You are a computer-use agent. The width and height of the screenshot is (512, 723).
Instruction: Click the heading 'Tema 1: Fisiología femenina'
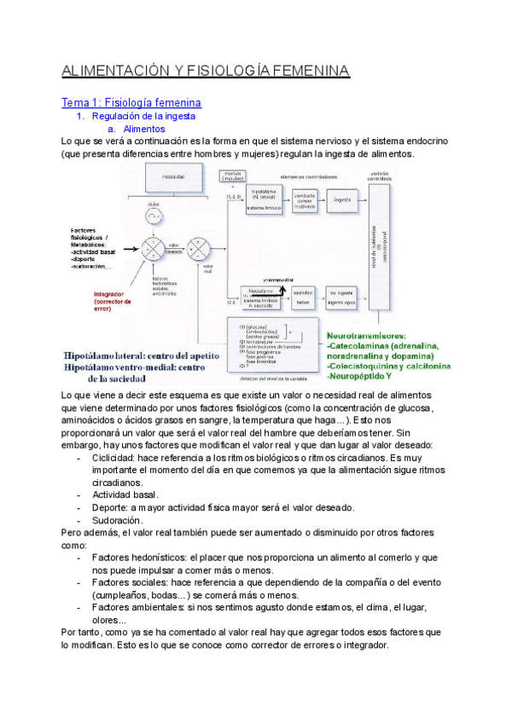[131, 102]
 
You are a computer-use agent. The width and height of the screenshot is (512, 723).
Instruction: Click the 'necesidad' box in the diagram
[166, 178]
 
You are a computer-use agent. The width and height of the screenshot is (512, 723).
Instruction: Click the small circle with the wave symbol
[154, 218]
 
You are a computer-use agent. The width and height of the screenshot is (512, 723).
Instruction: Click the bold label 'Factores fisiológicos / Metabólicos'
[95, 239]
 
